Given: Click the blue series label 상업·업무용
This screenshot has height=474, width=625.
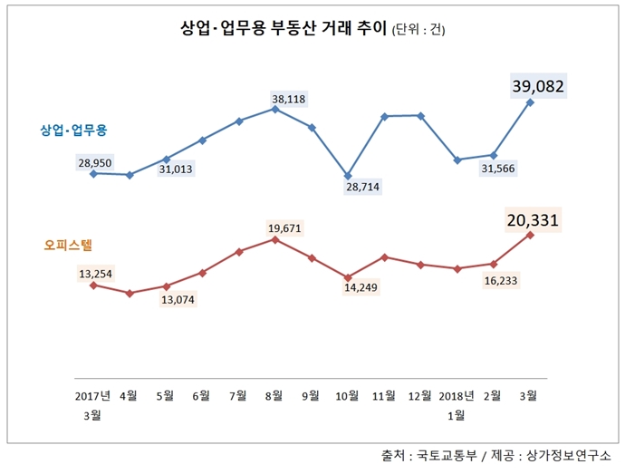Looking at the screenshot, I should [x=73, y=131].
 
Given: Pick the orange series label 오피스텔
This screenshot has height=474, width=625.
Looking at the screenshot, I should [x=67, y=245].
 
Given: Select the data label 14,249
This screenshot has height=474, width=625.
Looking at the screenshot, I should [x=362, y=288].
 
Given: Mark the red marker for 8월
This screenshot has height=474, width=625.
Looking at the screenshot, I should [x=274, y=239].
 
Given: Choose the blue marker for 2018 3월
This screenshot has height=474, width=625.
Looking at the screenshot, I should [x=530, y=102].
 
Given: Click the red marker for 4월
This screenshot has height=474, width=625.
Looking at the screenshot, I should [x=130, y=293].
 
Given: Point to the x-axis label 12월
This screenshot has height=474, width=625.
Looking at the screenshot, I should [x=419, y=395].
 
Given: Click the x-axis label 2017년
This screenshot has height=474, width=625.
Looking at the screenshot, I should [x=93, y=395].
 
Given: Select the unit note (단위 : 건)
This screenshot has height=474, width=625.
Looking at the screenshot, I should [x=418, y=31].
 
